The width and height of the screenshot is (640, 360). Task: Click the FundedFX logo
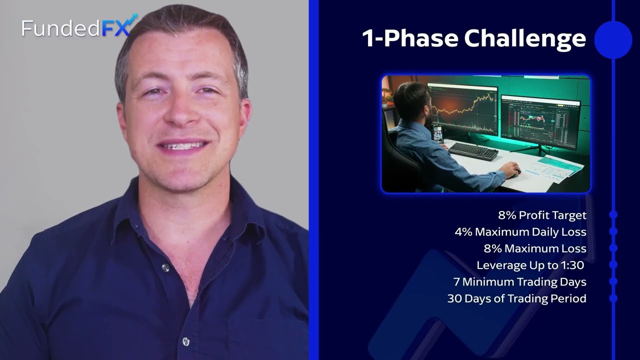tap(79, 26)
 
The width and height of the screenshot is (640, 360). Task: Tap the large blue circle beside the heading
tap(613, 40)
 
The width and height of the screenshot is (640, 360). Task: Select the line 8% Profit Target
tap(542, 215)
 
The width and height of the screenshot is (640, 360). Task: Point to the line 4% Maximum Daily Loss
tap(520, 231)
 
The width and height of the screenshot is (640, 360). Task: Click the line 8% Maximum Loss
tap(535, 248)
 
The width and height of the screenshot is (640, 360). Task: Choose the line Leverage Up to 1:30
tap(530, 265)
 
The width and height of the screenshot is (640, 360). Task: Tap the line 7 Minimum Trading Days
tap(520, 282)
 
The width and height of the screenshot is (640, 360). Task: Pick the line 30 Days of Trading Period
tap(517, 298)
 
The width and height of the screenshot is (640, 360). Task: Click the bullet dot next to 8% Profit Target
tap(613, 214)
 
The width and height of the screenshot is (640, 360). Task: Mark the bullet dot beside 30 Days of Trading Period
tap(613, 298)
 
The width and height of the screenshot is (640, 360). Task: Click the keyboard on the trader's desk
tap(473, 151)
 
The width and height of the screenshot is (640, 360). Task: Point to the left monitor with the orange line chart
tap(462, 109)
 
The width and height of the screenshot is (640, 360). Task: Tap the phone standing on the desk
tap(438, 133)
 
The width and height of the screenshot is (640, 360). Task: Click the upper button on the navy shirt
tap(165, 267)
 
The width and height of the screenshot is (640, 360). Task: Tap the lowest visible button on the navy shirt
tap(185, 341)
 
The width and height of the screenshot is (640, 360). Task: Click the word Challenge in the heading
tap(525, 38)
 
